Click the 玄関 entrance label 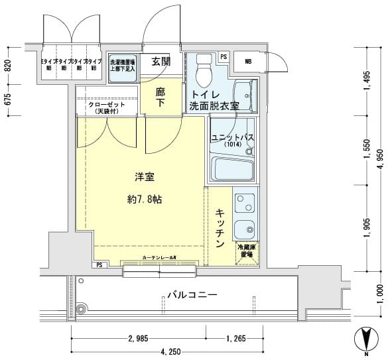[x=161, y=62]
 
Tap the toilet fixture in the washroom [x=202, y=67]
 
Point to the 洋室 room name [x=145, y=177]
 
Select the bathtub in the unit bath [x=232, y=168]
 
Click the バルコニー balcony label [x=192, y=294]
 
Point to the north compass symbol [x=364, y=340]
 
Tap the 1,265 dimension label [x=236, y=339]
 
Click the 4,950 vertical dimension [x=379, y=159]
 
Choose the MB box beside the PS [x=248, y=62]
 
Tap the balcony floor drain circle [x=82, y=308]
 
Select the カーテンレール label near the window [x=159, y=257]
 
